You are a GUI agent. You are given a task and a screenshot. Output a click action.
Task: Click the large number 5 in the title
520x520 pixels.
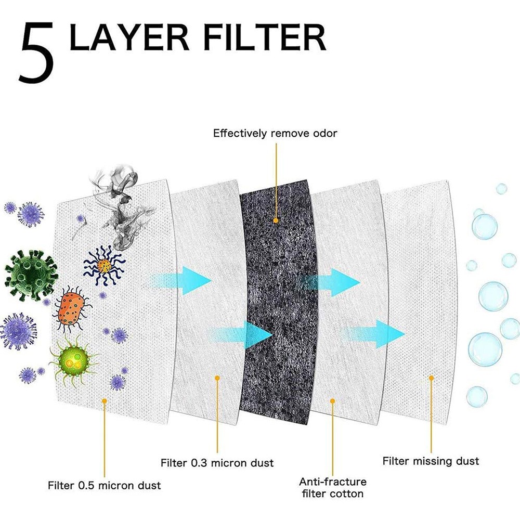[36, 53]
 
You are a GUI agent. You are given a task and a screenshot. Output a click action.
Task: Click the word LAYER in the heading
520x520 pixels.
[129, 37]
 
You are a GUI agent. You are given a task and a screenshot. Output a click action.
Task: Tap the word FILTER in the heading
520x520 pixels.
[265, 37]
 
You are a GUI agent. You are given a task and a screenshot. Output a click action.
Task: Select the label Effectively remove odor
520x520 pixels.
[275, 133]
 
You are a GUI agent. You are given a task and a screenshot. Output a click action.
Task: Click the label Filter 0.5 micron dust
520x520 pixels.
[104, 486]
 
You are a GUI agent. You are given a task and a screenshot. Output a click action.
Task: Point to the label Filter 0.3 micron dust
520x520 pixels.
[217, 463]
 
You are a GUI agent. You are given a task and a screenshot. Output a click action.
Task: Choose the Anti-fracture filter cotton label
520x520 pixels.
[333, 488]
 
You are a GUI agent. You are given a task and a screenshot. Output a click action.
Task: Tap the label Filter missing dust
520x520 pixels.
[431, 461]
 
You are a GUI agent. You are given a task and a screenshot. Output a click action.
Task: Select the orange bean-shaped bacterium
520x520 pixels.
[71, 309]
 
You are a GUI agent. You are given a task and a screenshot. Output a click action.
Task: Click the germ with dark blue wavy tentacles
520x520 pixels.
[104, 265]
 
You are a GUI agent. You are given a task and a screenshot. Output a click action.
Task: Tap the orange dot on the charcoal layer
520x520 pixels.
[276, 220]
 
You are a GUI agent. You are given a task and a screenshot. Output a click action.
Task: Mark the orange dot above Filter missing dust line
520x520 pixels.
[431, 378]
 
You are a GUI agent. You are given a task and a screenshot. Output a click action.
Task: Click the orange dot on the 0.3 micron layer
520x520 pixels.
[217, 378]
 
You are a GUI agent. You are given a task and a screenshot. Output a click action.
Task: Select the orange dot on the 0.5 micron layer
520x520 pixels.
[105, 401]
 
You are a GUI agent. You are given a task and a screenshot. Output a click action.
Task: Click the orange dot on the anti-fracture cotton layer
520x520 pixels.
[333, 401]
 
